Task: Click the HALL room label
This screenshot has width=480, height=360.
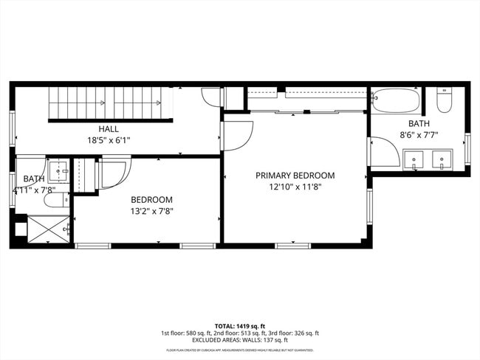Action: point(109,129)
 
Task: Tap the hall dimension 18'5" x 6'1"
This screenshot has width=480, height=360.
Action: point(109,139)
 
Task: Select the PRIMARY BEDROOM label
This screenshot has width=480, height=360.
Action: point(295,176)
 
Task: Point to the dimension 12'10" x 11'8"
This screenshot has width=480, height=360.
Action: point(295,187)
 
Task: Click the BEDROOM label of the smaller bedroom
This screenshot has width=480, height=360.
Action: point(151,200)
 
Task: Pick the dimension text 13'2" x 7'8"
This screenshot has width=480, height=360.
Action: point(151,211)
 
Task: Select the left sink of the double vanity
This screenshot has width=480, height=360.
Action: point(414,159)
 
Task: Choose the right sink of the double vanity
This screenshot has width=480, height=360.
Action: point(442,159)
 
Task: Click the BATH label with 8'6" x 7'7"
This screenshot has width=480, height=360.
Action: point(419,124)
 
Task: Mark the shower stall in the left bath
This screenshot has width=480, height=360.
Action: point(48,229)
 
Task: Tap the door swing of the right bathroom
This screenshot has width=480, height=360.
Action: point(384,153)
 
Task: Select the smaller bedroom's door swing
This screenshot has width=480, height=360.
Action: point(114,173)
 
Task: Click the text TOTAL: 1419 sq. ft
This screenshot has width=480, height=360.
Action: point(239,325)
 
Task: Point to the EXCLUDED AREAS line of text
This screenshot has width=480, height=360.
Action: point(239,340)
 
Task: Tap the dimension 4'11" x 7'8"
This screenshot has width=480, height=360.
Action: point(34,190)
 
